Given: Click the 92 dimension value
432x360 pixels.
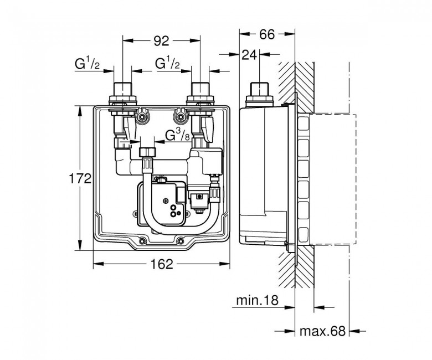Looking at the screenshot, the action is (161, 41).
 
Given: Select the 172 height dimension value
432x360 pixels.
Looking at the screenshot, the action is (80, 179).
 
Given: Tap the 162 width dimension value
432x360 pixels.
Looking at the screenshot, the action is (162, 264).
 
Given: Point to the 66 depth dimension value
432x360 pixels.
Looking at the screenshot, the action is (267, 34).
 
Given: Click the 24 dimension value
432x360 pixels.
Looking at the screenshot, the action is (249, 55).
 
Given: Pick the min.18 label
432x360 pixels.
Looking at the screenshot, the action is (258, 300).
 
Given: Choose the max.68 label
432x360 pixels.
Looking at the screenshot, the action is (322, 331).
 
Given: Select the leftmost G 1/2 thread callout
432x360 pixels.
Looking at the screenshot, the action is (87, 64).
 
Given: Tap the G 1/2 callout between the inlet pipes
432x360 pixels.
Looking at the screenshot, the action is (167, 64).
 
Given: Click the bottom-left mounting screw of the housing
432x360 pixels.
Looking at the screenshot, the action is (142, 241).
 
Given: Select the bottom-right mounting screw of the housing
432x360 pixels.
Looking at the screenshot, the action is (181, 241).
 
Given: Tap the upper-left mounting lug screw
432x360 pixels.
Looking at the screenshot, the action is (142, 117).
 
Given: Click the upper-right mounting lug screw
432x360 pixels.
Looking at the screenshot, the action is (181, 117).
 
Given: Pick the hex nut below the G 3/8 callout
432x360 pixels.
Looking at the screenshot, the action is (148, 152).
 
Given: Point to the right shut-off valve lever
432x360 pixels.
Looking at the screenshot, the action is (207, 128).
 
